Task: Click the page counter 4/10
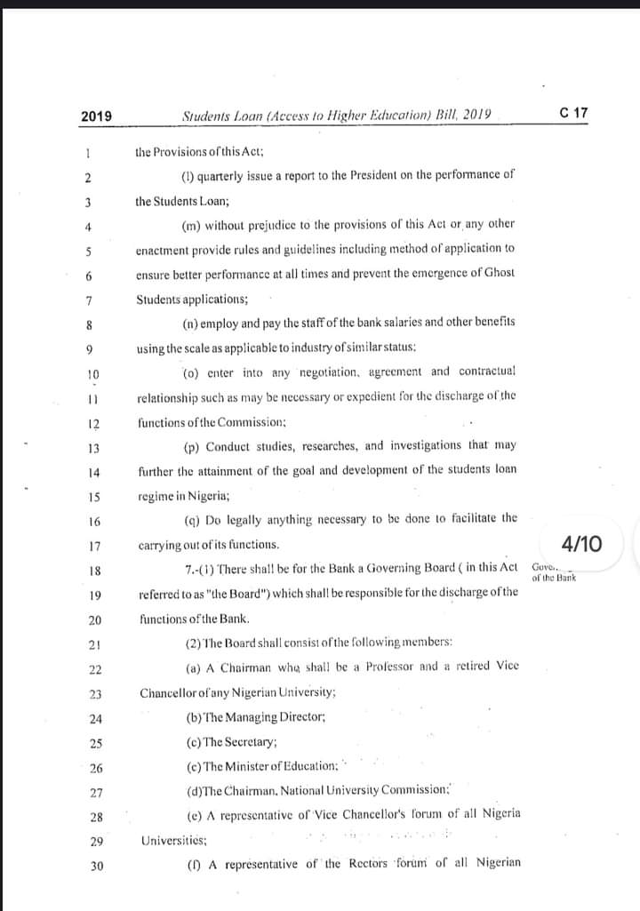click(x=581, y=542)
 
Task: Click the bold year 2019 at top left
click(x=96, y=116)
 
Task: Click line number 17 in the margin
click(x=95, y=546)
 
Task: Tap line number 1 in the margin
click(x=90, y=153)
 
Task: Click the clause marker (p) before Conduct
click(x=190, y=445)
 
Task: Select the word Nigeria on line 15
click(x=210, y=495)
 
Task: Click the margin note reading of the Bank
click(x=554, y=578)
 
